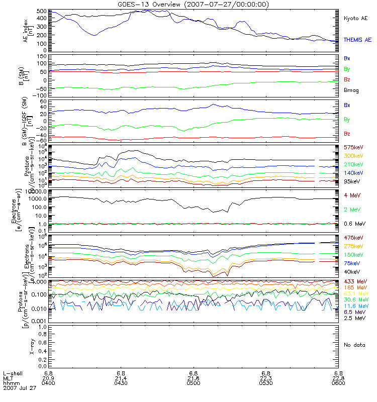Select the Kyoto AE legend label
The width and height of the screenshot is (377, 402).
[x=355, y=19]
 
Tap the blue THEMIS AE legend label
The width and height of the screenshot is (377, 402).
[x=356, y=40]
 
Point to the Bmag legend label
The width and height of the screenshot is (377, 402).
[x=352, y=90]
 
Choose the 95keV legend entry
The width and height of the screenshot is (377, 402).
[x=352, y=181]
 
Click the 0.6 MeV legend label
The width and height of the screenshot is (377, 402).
[x=354, y=224]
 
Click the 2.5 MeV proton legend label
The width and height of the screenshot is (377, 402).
[x=354, y=319]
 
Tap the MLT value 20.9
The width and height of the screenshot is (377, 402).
[x=48, y=378]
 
